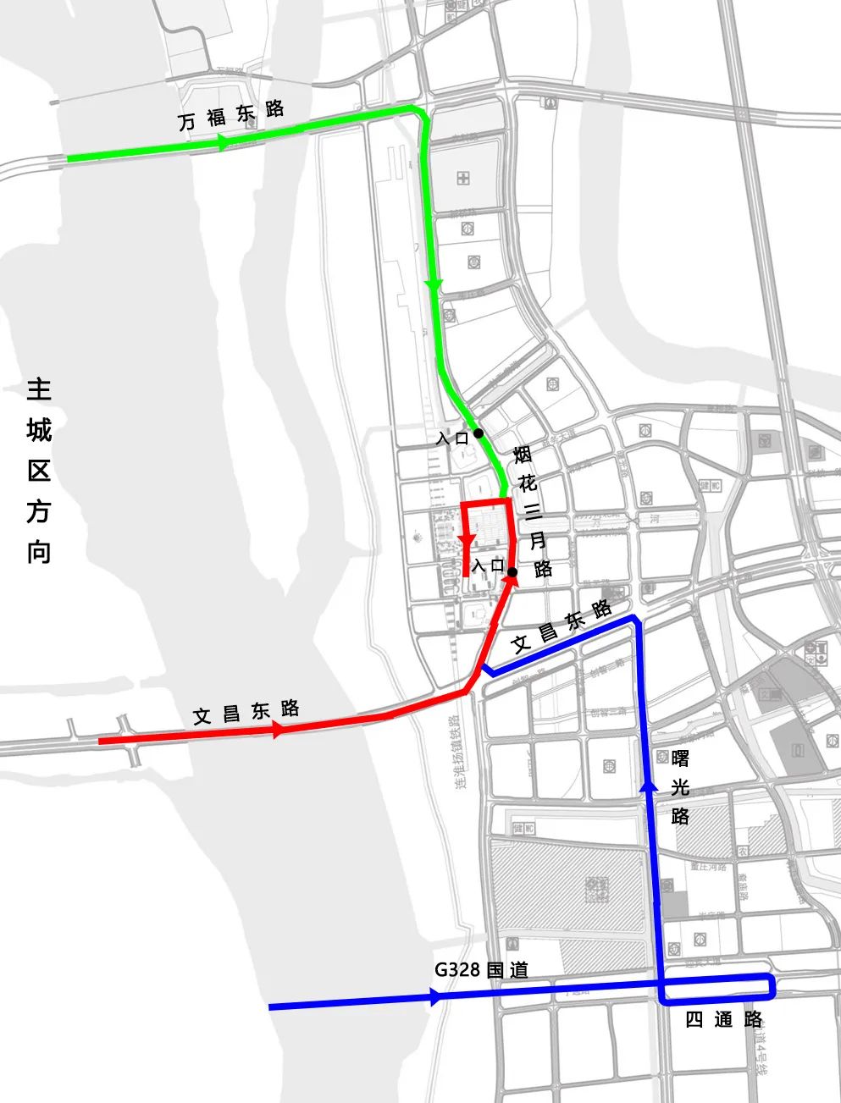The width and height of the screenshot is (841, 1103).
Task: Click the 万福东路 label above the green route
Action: (231, 114)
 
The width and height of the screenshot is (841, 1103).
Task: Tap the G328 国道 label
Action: (481, 969)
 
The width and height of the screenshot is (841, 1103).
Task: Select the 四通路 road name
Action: (723, 1019)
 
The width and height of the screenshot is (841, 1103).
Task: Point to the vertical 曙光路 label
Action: (679, 787)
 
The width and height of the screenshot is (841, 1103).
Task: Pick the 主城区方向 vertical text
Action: (39, 471)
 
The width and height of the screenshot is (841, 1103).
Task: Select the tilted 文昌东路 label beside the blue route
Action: (562, 626)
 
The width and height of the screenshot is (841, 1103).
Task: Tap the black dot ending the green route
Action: (479, 433)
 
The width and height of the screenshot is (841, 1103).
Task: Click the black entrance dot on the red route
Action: (512, 572)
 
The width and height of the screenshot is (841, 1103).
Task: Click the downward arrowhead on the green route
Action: (434, 285)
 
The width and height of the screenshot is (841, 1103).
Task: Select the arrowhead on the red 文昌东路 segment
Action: (278, 731)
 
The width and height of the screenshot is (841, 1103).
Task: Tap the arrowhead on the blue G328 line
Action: (436, 998)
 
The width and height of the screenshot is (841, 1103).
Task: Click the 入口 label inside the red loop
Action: (489, 565)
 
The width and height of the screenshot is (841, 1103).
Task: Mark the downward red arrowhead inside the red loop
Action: (467, 540)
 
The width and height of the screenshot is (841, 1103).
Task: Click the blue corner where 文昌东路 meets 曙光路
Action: (634, 620)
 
